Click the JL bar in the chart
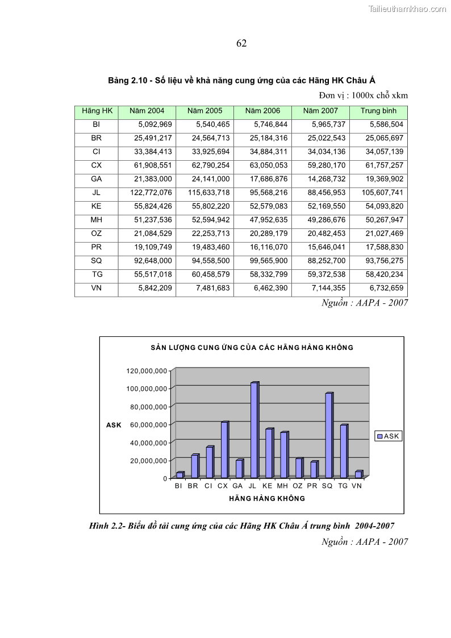(254, 430)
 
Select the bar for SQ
(329, 435)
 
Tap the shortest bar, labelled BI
(179, 474)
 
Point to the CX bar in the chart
(224, 449)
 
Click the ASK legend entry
(389, 436)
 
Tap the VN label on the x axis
(357, 486)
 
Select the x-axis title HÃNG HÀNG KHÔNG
(267, 499)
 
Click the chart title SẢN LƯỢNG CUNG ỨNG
(252, 348)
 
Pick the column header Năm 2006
(262, 111)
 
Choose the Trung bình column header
(378, 111)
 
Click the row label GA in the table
(96, 179)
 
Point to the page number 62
(241, 44)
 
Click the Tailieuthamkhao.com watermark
(407, 9)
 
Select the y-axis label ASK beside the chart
(114, 425)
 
